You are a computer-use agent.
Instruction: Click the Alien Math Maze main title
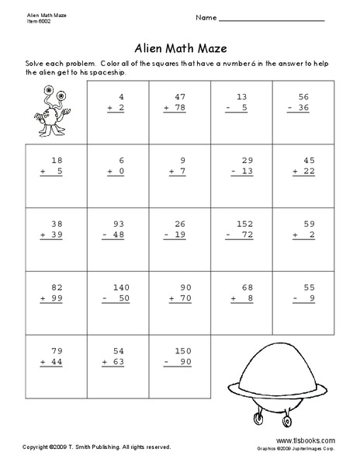click(x=180, y=45)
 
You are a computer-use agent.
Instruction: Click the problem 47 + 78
click(x=180, y=103)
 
